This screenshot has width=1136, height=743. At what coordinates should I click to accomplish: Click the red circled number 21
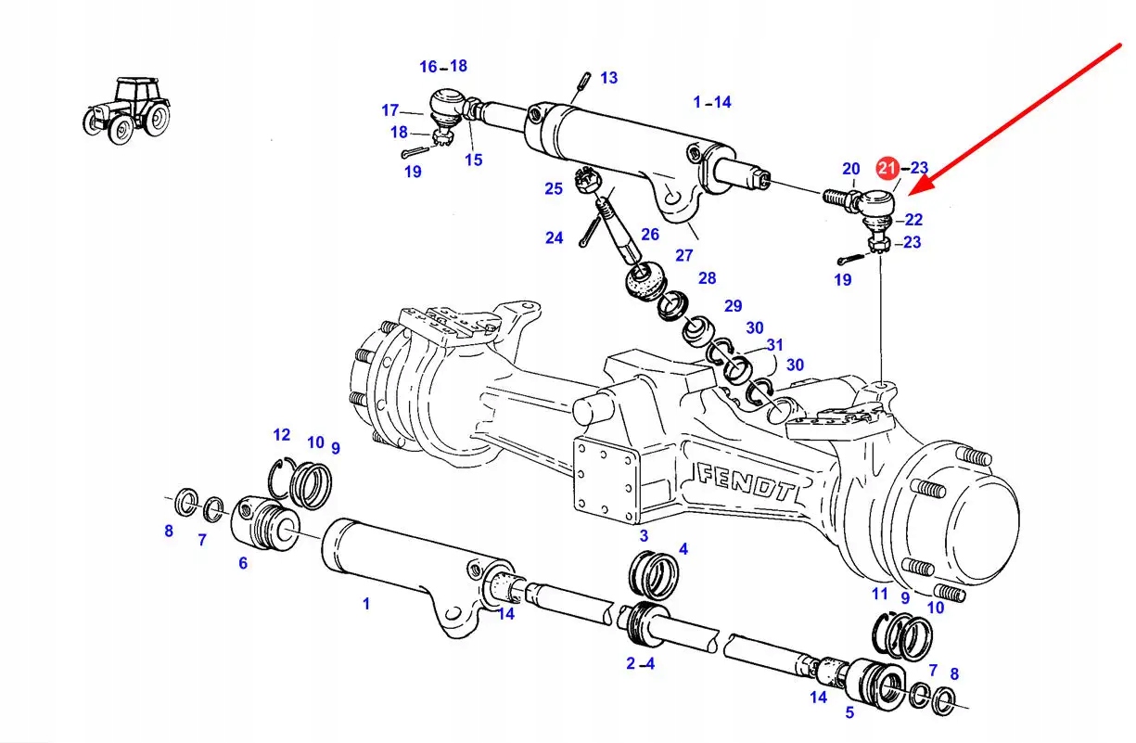pyautogui.click(x=887, y=168)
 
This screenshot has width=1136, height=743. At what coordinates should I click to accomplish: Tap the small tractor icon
pyautogui.click(x=128, y=110)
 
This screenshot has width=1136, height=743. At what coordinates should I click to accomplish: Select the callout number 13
pyautogui.click(x=608, y=78)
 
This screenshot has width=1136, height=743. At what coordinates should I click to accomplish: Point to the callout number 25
pyautogui.click(x=554, y=189)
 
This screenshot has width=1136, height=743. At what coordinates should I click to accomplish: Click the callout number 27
pyautogui.click(x=684, y=256)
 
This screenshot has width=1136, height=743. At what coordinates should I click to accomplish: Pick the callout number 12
pyautogui.click(x=282, y=434)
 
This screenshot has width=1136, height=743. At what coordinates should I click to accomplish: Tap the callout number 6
pyautogui.click(x=243, y=563)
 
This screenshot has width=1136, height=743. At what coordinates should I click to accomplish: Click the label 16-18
pyautogui.click(x=443, y=66)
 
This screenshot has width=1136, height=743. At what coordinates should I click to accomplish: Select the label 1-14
pyautogui.click(x=712, y=102)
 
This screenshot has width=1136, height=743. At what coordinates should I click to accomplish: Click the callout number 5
pyautogui.click(x=849, y=713)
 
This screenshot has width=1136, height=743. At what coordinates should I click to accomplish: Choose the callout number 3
pyautogui.click(x=644, y=536)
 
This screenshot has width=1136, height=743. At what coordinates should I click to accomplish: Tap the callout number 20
pyautogui.click(x=851, y=169)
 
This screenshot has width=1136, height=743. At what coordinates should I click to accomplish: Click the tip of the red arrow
pyautogui.click(x=912, y=192)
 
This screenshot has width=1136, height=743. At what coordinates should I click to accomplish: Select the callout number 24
pyautogui.click(x=554, y=238)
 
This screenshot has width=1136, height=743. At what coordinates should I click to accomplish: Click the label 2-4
pyautogui.click(x=640, y=663)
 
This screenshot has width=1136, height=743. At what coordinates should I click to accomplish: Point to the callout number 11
pyautogui.click(x=880, y=594)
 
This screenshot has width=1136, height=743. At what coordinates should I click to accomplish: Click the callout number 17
pyautogui.click(x=390, y=110)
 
